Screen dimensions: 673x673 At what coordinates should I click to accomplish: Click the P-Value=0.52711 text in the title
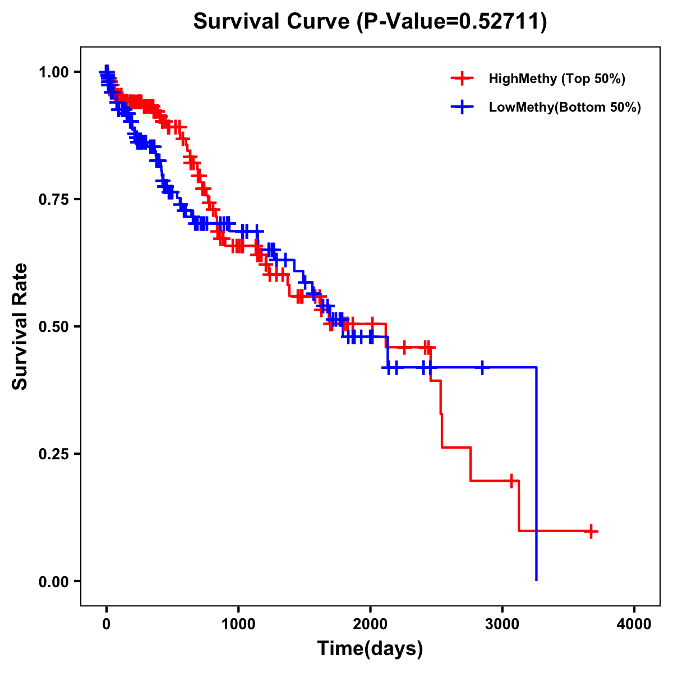453,22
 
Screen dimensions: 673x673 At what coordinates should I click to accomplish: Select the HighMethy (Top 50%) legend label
556,79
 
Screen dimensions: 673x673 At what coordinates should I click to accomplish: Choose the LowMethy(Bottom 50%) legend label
565,107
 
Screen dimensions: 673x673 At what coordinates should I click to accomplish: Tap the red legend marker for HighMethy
462,79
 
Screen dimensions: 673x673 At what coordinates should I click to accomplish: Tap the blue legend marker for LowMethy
462,107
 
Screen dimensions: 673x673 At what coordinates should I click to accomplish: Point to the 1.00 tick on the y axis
53,72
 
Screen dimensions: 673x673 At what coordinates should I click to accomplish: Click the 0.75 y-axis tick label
53,199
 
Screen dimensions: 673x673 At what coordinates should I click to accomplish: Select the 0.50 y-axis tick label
53,326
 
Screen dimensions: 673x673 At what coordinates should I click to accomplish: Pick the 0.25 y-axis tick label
53,454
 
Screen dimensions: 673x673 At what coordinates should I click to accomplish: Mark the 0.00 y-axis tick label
53,581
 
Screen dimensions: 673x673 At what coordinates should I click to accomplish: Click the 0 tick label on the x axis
107,624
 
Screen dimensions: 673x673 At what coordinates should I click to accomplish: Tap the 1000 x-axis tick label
238,624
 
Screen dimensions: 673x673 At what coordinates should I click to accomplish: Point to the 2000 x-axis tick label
370,624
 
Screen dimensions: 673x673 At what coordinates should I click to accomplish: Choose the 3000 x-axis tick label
503,624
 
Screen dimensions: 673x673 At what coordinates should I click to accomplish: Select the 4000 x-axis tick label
634,624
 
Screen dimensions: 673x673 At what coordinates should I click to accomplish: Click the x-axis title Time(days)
370,649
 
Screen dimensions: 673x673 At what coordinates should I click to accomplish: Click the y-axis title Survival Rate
20,326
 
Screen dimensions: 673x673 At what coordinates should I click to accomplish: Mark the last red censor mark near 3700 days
591,531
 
